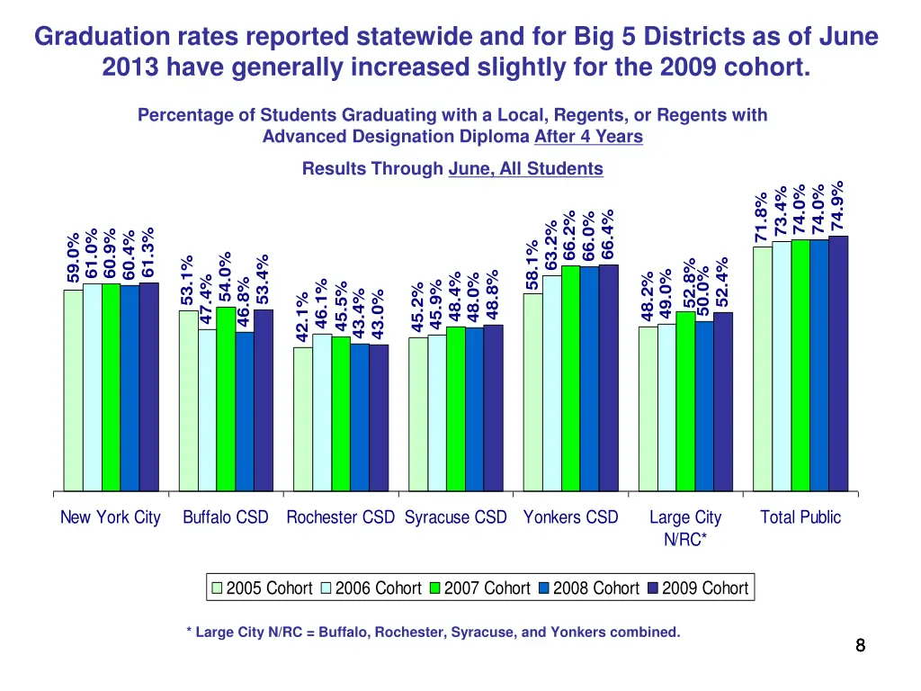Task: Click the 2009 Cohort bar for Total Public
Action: (838, 363)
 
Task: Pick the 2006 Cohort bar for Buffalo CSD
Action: (207, 410)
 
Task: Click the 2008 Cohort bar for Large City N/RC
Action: (703, 406)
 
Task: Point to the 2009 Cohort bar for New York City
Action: (148, 387)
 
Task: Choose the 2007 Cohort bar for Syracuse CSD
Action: (455, 408)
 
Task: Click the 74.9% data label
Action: (838, 205)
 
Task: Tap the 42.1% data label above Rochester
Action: (303, 317)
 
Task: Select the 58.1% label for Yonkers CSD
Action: (532, 265)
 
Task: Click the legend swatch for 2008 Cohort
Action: (544, 588)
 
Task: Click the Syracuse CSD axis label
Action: (456, 517)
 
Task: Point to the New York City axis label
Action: (111, 517)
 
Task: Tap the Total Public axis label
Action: (800, 517)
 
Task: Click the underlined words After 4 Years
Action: (588, 137)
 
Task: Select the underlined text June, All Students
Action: (525, 168)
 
